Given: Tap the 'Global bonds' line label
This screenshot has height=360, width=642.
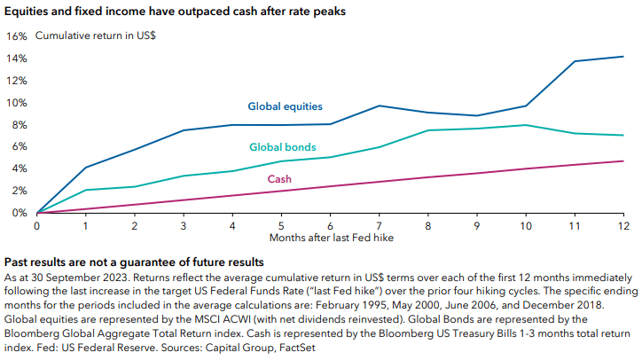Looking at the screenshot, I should click(x=283, y=146).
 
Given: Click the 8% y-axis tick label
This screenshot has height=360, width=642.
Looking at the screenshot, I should click(x=18, y=124).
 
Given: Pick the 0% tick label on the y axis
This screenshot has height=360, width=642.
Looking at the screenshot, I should click(x=18, y=213).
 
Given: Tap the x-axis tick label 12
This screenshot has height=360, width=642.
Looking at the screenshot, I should click(x=623, y=226).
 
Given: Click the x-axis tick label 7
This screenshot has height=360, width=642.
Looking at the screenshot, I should click(x=379, y=226).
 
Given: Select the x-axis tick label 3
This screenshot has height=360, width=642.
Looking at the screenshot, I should click(x=183, y=226).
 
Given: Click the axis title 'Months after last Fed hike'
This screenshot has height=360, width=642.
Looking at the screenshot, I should click(x=329, y=239).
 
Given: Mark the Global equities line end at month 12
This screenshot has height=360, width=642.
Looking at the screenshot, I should click(x=623, y=57).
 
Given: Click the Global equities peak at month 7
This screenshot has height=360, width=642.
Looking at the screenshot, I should click(x=379, y=106).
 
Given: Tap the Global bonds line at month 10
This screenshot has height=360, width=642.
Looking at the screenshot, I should click(x=526, y=125).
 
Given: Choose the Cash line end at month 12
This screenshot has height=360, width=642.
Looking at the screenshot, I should click(x=623, y=161).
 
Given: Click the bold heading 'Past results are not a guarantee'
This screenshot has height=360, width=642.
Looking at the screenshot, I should click(x=134, y=263).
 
